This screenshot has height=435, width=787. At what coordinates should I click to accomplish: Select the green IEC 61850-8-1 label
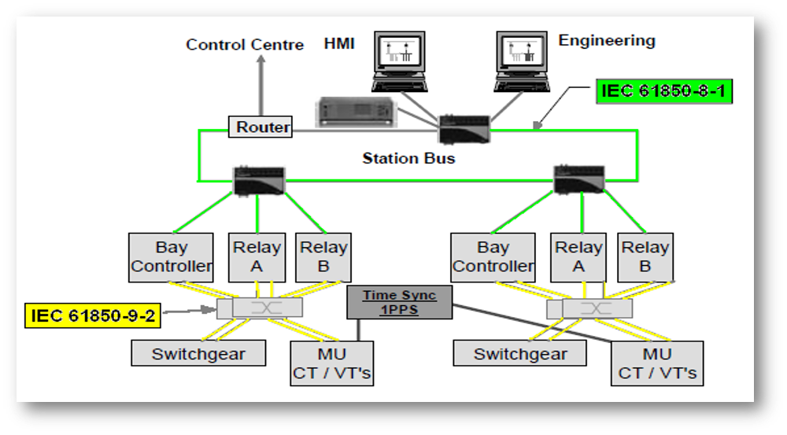[x=663, y=90]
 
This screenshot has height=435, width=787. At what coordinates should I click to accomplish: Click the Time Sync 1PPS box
[x=400, y=303]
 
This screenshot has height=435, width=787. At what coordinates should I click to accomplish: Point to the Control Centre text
[x=245, y=45]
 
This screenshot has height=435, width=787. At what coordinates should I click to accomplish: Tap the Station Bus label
[x=408, y=158]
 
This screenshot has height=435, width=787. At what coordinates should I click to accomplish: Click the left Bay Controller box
[x=171, y=257]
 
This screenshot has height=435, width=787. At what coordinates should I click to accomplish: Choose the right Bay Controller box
[x=493, y=257]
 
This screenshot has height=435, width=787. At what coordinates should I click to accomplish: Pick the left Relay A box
[x=257, y=257]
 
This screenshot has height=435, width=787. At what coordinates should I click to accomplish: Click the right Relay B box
[x=645, y=257]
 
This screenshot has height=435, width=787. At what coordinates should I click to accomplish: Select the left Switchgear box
[x=198, y=353]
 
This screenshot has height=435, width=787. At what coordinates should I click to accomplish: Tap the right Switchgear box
[x=520, y=353]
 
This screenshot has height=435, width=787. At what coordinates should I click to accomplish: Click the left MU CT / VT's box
[x=331, y=363]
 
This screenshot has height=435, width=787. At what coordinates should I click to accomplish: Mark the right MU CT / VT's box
[x=657, y=363]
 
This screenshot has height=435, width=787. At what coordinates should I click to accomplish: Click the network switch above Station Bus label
[x=464, y=128]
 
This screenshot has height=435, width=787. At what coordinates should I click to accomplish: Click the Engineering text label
[x=606, y=40]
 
